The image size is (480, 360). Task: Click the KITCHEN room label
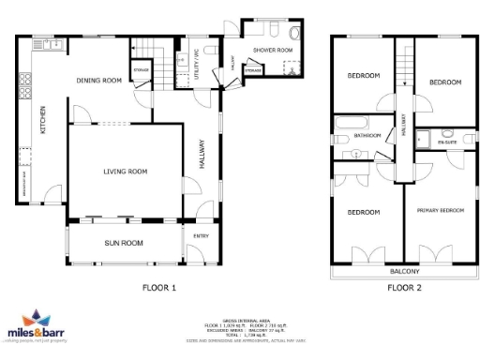coord(41,120)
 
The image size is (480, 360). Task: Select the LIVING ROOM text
coord(125,172)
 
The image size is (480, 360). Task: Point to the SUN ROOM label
coord(125,243)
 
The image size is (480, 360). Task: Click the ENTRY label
coord(201,236)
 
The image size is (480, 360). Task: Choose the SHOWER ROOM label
coord(273,50)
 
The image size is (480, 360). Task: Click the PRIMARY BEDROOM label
coord(441,211)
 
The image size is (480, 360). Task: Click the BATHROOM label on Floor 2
coord(367,136)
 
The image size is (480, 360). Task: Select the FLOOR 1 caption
coord(158,288)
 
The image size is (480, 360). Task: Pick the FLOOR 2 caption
coord(404,288)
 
